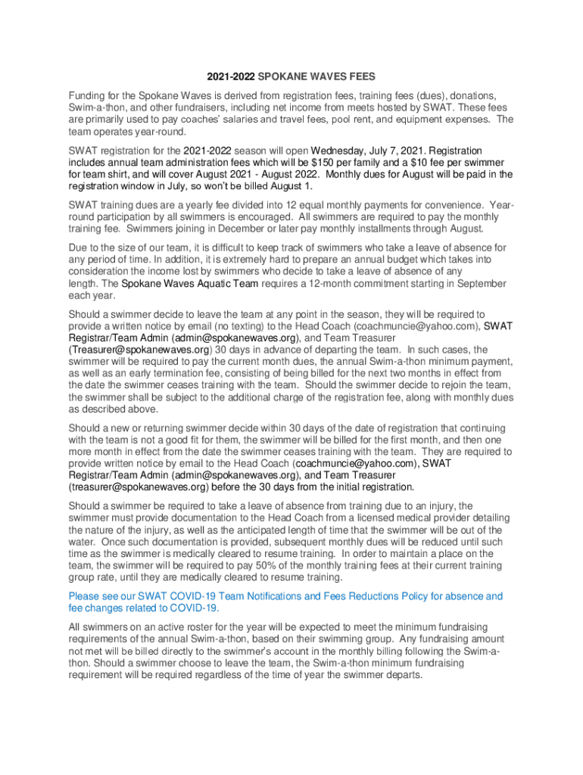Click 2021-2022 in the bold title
[231, 77]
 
